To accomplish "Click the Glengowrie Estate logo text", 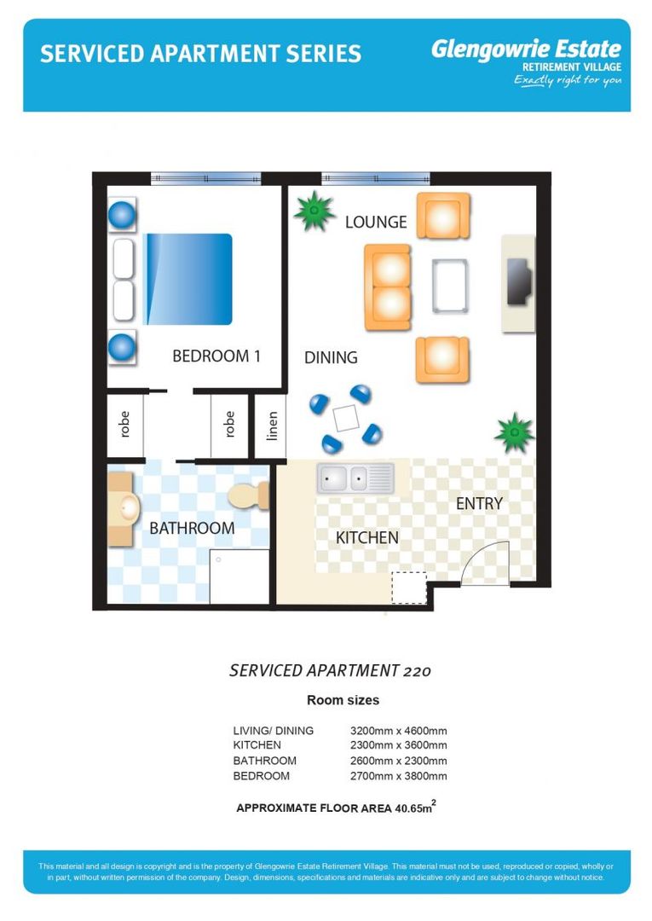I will (526, 49).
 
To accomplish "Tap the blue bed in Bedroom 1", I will (188, 279).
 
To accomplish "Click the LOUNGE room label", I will (376, 222).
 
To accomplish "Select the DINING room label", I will (331, 357).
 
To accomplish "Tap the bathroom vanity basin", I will (124, 508).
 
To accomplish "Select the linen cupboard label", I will (272, 426).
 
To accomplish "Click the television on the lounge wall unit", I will (519, 281).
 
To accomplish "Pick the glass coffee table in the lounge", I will (450, 286).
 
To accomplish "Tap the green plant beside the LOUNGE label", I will (314, 211).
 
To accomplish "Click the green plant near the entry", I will (514, 433).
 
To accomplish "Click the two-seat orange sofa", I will (388, 287).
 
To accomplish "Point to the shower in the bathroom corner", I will (239, 576).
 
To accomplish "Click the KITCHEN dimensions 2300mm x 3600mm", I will (399, 745).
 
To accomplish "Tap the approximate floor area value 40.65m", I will (415, 807).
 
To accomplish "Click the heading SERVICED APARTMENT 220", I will (330, 670).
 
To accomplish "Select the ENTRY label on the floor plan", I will (479, 504).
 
